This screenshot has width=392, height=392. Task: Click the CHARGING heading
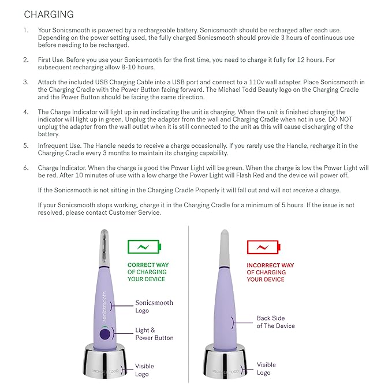click(x=49, y=14)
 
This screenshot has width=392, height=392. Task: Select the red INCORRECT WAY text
click(x=270, y=265)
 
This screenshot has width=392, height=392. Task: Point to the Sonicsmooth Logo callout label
click(x=154, y=307)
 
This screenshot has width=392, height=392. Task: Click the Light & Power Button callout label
click(x=154, y=334)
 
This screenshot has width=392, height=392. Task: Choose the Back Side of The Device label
click(x=275, y=322)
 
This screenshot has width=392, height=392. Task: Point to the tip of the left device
click(x=104, y=242)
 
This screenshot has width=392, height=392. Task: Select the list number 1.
click(x=25, y=29)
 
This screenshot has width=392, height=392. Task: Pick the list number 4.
click(x=25, y=112)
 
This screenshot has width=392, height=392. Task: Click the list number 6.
click(x=25, y=167)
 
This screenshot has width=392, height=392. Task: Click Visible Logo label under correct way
click(x=144, y=370)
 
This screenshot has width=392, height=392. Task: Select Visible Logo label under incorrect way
click(x=266, y=368)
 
